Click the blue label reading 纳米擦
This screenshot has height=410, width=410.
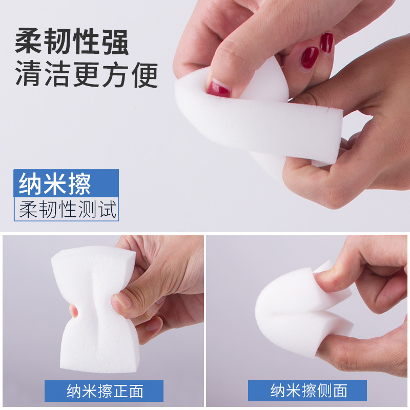coord(66,183)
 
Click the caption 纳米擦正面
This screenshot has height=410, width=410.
coord(104,391)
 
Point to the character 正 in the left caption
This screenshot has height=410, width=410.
coord(119,391)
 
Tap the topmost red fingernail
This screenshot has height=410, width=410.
coord(326,43)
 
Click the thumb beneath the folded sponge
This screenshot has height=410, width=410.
coord(354,348)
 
